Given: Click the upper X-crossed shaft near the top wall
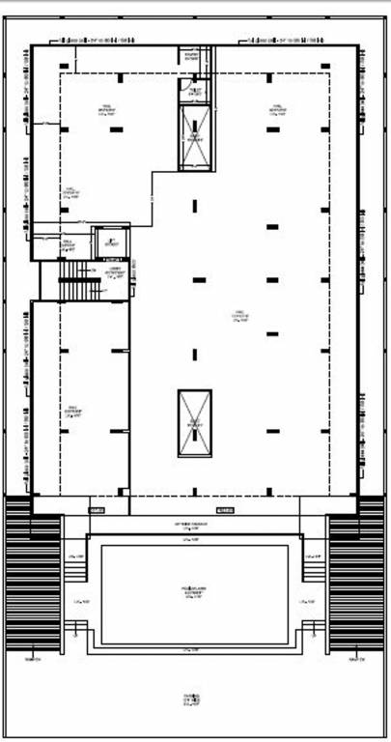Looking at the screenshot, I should coord(194,137).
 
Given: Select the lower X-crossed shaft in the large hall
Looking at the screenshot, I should coord(194,423).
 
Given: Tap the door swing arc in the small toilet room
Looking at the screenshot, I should coord(183,85).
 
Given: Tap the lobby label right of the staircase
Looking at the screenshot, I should coord(116,274).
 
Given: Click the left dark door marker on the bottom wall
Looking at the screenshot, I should coord(98,509).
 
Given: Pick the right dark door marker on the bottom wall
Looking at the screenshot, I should coord(225,509).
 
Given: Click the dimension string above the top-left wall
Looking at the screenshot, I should coord(101,40).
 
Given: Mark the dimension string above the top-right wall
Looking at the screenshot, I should coord(285,40).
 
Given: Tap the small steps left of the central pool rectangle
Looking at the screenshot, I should coord(76,570).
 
